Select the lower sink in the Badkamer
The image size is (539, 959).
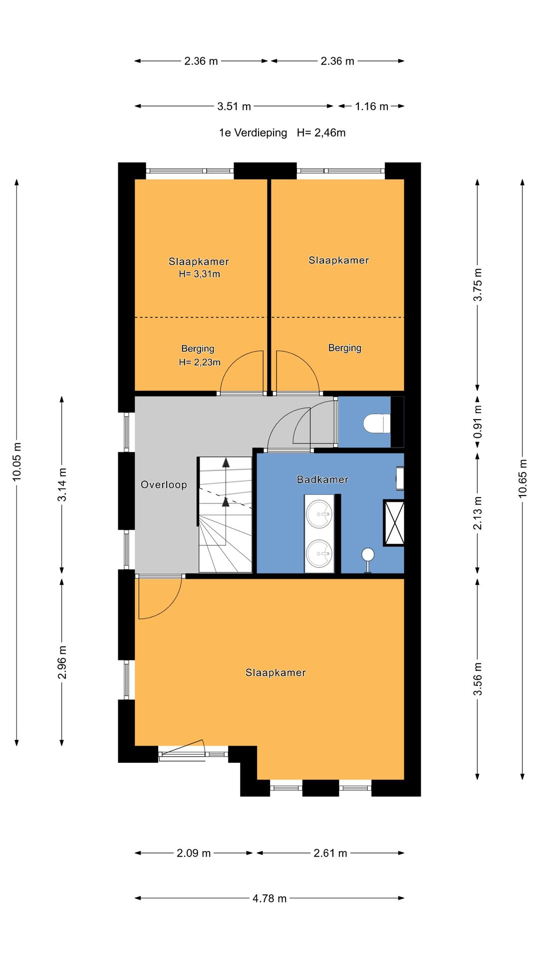coord(319,553)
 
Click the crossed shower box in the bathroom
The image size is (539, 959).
coord(394,522)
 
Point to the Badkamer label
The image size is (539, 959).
coord(322,479)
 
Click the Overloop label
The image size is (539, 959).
coord(164,484)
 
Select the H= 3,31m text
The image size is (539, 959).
coord(199,274)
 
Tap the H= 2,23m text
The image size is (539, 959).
coord(200,362)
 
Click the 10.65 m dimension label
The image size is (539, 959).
coord(523,478)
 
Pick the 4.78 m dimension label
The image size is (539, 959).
coord(269,899)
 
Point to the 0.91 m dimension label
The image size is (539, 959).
coord(478,422)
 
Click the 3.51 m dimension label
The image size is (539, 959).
coord(234,106)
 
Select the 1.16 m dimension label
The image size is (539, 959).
coord(372,106)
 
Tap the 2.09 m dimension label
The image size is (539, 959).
coord(194,853)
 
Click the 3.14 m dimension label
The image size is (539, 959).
coord(62,484)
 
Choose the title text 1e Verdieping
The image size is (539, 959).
coord(253,133)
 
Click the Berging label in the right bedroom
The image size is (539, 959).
coord(345,348)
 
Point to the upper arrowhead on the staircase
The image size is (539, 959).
coord(226,462)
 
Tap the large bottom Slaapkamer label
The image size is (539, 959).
coord(275,673)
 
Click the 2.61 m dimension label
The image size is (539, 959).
coord(330,853)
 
